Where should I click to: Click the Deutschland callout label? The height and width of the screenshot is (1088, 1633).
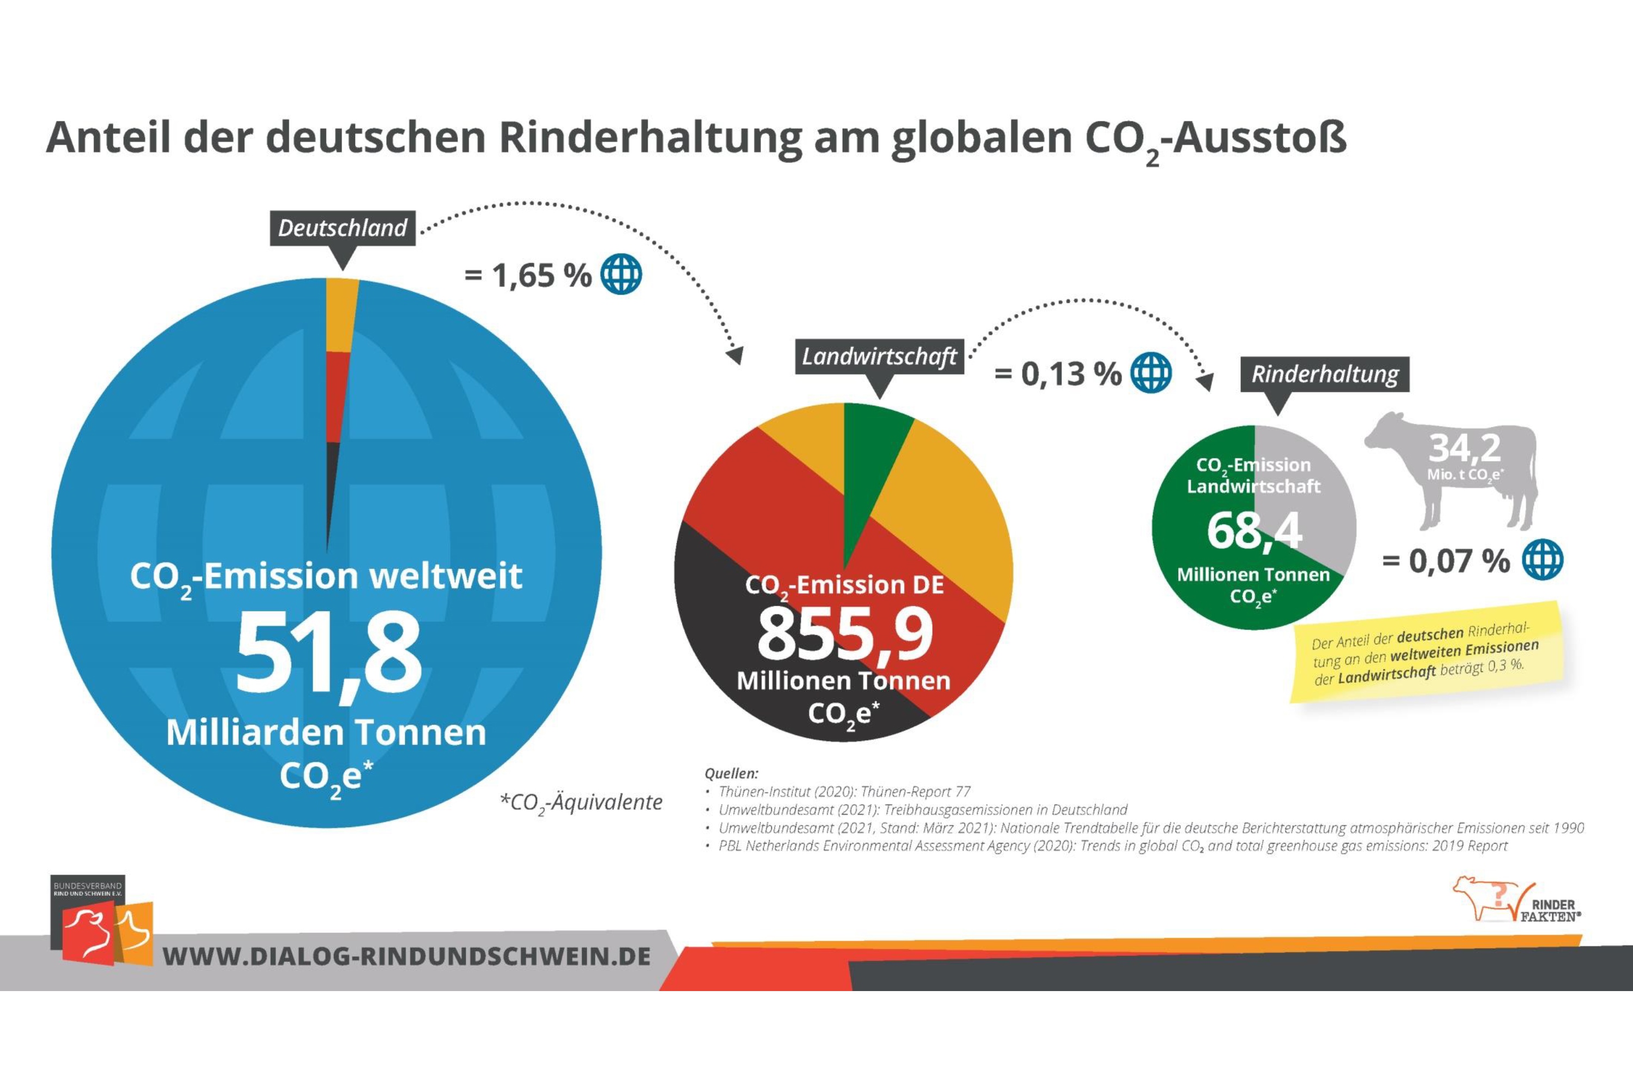pos(343,228)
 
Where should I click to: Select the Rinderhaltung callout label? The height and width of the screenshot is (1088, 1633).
pos(1324,375)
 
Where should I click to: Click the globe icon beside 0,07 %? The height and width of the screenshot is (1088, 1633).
pos(1543,559)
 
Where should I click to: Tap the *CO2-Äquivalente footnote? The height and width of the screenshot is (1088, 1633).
pos(581,803)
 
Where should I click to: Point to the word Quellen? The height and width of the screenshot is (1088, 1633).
pos(732,773)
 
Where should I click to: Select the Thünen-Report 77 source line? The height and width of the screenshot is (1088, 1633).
pos(844,792)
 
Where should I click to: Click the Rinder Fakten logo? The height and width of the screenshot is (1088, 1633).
pos(1517,900)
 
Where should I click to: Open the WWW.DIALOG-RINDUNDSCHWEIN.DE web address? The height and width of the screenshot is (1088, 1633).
pos(407,957)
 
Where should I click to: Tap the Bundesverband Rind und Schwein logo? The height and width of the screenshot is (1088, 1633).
pos(101,920)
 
